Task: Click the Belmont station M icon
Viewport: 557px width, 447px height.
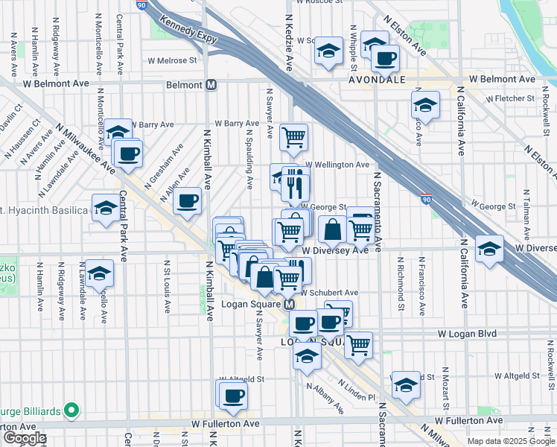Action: coord(211,85)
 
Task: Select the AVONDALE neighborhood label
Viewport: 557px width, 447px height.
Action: coord(378,79)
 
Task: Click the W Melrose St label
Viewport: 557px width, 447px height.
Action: coord(172,60)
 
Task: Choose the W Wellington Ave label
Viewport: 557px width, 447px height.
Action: coord(336,165)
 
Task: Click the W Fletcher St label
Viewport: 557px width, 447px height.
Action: coord(510,98)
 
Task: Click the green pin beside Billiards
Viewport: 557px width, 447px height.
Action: coord(71,409)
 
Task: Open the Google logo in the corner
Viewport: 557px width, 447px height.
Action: coord(24,438)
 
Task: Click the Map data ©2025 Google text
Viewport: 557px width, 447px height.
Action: coord(510,441)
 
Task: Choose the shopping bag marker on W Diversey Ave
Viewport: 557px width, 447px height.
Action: coord(333,229)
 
